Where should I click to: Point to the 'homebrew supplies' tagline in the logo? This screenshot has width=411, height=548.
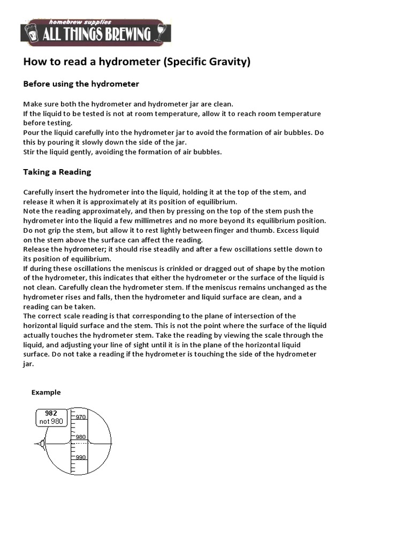pyautogui.click(x=80, y=22)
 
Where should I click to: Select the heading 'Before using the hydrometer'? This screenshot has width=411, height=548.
pyautogui.click(x=81, y=84)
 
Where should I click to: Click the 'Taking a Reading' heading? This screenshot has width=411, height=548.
pyautogui.click(x=57, y=172)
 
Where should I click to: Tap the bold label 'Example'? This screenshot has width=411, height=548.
pyautogui.click(x=46, y=392)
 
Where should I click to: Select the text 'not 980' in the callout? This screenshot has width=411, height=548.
pyautogui.click(x=51, y=422)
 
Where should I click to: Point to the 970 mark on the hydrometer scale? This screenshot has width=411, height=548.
pyautogui.click(x=81, y=417)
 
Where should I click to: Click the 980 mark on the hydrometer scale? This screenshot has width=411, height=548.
pyautogui.click(x=81, y=437)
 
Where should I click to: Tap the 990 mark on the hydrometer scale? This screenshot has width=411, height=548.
pyautogui.click(x=81, y=457)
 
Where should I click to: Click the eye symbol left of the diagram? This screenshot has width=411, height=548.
pyautogui.click(x=40, y=443)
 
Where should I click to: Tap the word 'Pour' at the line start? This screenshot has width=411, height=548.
pyautogui.click(x=31, y=132)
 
